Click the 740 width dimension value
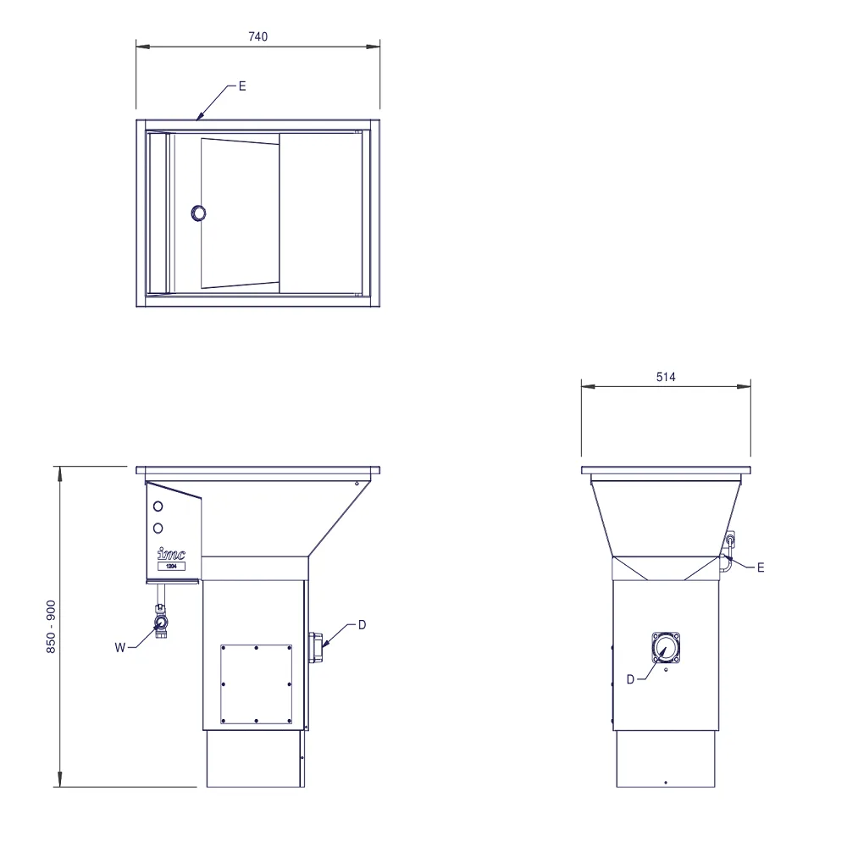pos(257,36)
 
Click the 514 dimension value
pos(666,377)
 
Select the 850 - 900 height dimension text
pos(51,627)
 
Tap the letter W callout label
pos(120,647)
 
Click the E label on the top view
pos(242,86)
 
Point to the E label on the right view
pos(761,567)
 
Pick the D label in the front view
pos(362,624)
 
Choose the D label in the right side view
pos(630,679)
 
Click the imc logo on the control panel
pos(171,554)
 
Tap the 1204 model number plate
pos(171,566)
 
